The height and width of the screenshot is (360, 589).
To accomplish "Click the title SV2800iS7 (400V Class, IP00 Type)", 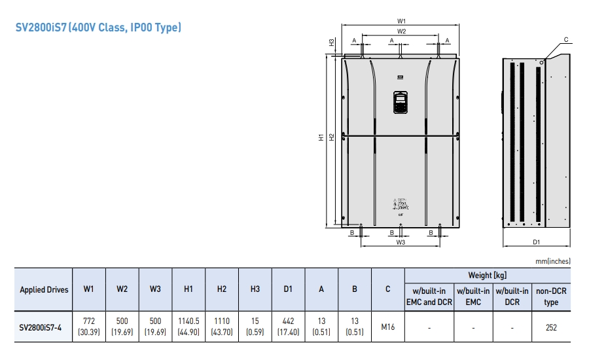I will (x=98, y=27).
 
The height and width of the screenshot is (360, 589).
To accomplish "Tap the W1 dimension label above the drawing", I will (x=402, y=21).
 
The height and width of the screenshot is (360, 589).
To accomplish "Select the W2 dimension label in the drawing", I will (x=401, y=31).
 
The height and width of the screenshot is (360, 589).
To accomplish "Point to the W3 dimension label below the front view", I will (x=401, y=242).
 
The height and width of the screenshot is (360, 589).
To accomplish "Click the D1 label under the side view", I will (x=536, y=242).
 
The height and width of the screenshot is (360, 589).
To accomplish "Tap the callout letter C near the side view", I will (x=565, y=39).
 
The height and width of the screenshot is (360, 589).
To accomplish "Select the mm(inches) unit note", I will (x=552, y=261).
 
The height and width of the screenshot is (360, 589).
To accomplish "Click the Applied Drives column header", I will (x=44, y=289).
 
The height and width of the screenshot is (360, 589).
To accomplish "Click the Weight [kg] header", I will (x=487, y=276).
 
